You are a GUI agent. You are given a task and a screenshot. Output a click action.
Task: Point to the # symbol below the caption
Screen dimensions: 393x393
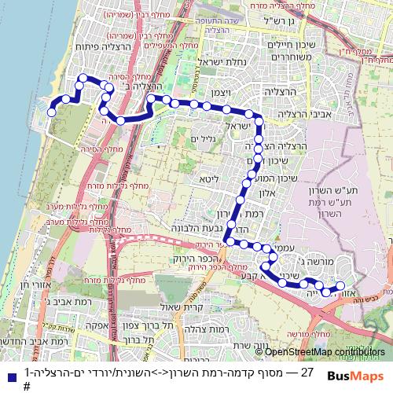tap(27, 386)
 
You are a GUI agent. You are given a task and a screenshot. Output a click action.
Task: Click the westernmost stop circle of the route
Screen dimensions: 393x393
tap(52, 112)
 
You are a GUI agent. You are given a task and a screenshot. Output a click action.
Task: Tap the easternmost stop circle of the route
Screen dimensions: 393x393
tap(341, 285)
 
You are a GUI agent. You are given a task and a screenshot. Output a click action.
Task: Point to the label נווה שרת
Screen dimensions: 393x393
tap(252, 344)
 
